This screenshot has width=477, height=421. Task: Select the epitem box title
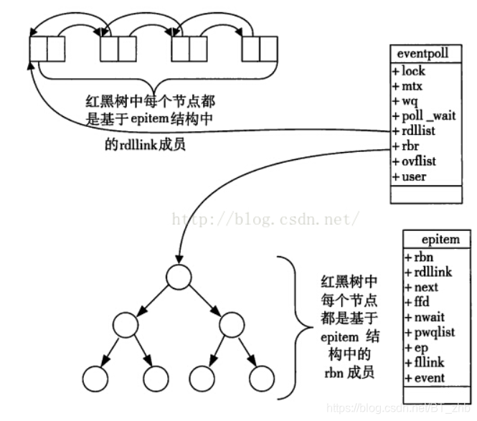pyautogui.click(x=436, y=240)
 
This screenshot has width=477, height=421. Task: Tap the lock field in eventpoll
pyautogui.click(x=412, y=71)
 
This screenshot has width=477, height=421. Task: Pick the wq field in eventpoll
pyautogui.click(x=408, y=101)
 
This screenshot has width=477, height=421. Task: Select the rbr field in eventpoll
pyautogui.click(x=407, y=146)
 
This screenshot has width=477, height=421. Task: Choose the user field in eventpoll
pyautogui.click(x=411, y=176)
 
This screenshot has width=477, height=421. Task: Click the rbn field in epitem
pyautogui.click(x=418, y=257)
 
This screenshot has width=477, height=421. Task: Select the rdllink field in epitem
pyautogui.click(x=428, y=272)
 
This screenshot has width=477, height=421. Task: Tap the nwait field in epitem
pyautogui.click(x=424, y=317)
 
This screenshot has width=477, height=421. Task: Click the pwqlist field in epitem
pyautogui.click(x=429, y=332)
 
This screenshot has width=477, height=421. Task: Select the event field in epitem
pyautogui.click(x=424, y=377)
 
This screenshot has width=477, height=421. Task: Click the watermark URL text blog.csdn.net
pyautogui.click(x=263, y=217)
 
